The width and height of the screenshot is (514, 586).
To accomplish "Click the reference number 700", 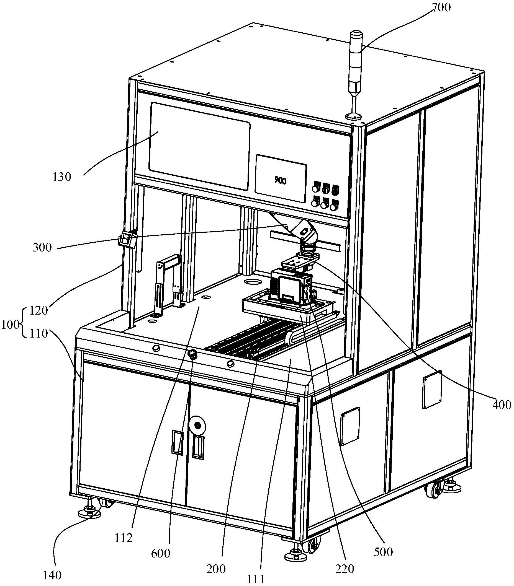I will pos(441,8).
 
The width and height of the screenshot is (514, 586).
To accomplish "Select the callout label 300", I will pos(42,248).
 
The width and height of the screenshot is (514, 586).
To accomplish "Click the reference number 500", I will pos(384,552).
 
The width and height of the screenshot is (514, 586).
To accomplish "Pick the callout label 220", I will pos(345,569).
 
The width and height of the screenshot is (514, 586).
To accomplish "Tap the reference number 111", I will pos(256,579).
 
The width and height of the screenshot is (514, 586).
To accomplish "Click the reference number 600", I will pos(161,554).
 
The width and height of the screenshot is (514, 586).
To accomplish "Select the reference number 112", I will pos(124,538).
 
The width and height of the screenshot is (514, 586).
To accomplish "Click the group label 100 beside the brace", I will pos(10,325).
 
